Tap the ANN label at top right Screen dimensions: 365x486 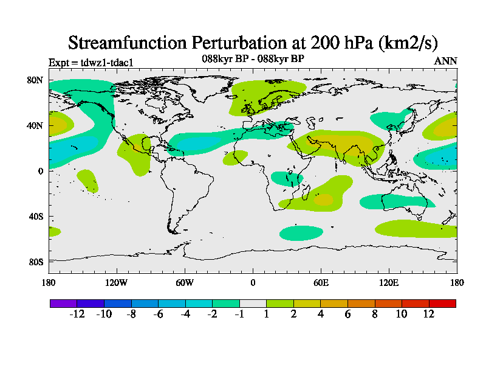coord(446,61)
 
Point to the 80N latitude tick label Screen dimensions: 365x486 coord(35,80)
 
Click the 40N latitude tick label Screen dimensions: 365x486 coord(35,125)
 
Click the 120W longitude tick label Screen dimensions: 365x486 coord(117,282)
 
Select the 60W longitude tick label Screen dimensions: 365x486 coord(185,282)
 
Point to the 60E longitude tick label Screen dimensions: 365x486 coord(321,282)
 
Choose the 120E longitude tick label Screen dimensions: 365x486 coord(389,282)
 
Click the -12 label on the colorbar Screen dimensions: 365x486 coord(77,314)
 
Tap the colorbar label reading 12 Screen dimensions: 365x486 coord(429,314)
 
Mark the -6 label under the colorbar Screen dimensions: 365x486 coord(158,314)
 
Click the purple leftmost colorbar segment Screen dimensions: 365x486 coord(63,303)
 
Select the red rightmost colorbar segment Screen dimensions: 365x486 coord(442,303)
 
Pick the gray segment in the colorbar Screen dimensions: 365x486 coord(253,303)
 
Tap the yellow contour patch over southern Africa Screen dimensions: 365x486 coord(323,199)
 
